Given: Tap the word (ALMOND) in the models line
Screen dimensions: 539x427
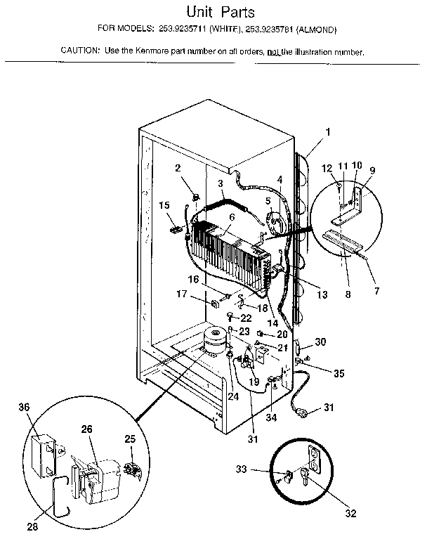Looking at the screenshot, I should tap(317, 30).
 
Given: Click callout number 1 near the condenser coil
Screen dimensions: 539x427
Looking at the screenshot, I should tap(327, 131).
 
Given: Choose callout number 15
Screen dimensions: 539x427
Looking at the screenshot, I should tap(164, 205).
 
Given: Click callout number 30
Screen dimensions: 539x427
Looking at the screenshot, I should tap(320, 342).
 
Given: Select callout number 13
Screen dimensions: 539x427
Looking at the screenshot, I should tap(322, 295).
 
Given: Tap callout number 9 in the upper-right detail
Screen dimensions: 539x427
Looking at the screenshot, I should tap(373, 170).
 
